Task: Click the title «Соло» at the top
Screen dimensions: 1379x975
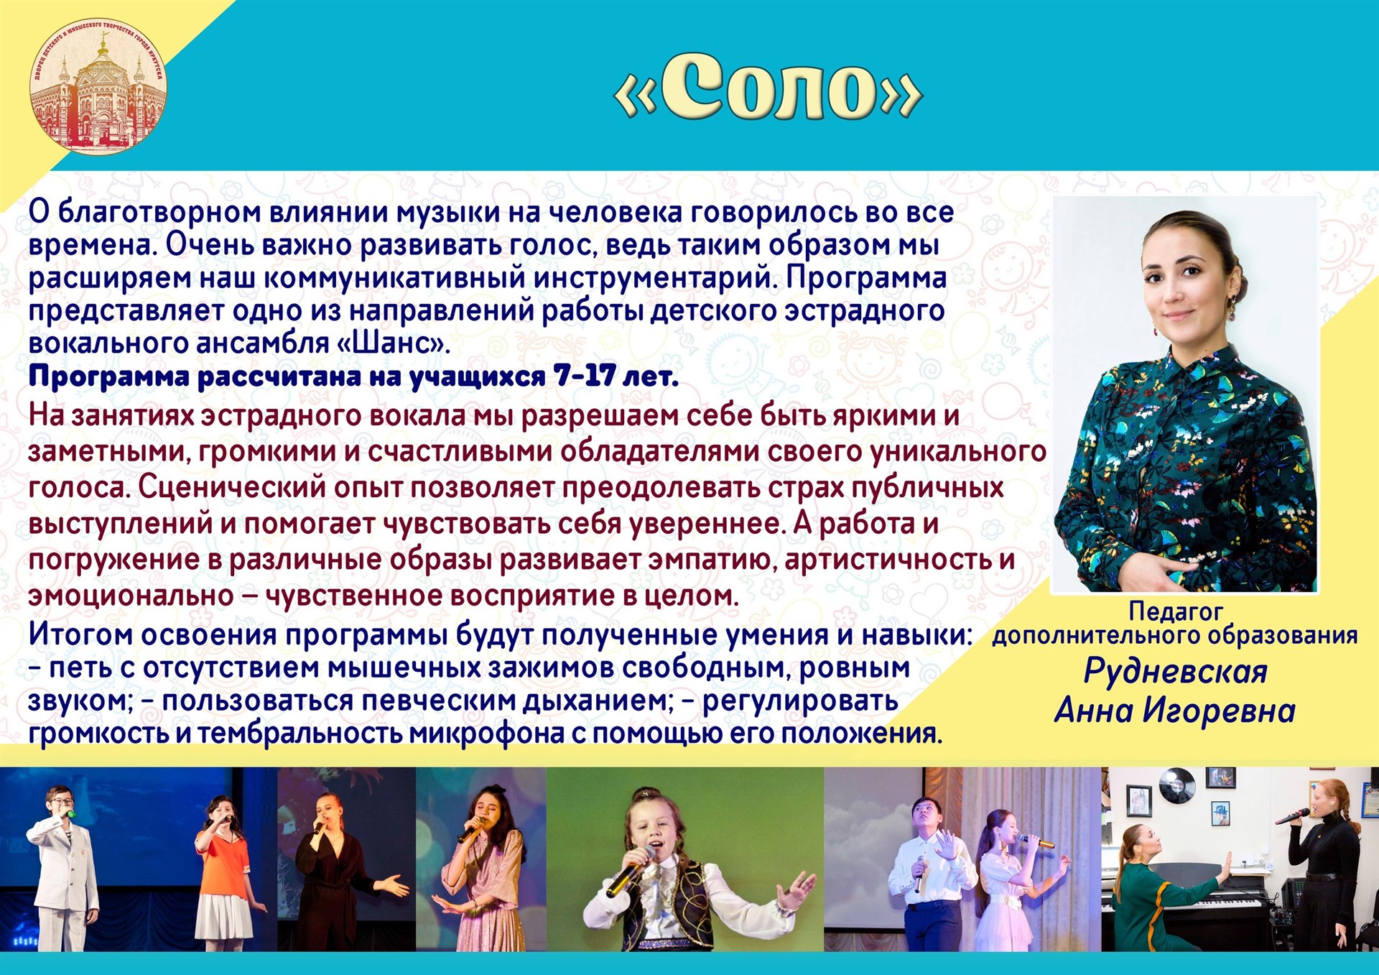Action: [768, 88]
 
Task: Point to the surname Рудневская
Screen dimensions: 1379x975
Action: [1175, 671]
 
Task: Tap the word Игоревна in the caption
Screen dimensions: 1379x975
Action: [1219, 711]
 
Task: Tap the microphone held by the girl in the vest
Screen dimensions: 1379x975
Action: [630, 872]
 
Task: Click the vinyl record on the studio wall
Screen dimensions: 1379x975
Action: [1176, 785]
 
